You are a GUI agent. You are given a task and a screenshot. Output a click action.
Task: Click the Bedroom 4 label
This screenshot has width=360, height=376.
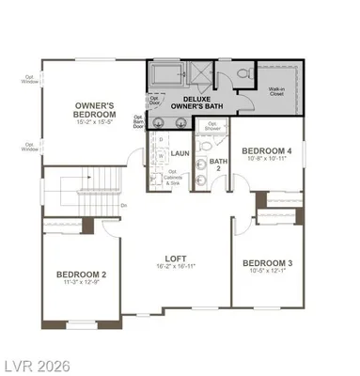click(x=266, y=150)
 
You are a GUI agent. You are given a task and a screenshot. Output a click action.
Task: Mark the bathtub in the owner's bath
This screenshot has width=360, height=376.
click(x=165, y=71)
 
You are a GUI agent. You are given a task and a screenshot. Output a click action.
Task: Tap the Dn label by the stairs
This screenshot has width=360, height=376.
click(x=124, y=203)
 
